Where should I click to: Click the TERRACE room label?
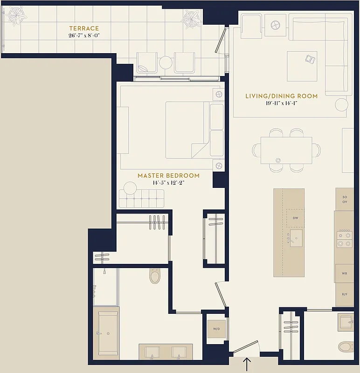pos(84,28)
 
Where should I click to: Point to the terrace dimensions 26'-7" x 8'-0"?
pos(84,35)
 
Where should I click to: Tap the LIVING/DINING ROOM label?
pos(281,96)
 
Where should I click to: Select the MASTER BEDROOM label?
pos(168,176)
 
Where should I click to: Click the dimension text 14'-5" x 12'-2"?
pos(168,183)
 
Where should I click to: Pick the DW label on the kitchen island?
pos(295,218)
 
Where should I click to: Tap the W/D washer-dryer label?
pos(217,329)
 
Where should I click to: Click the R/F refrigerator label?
pos(344,294)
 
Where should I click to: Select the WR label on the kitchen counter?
pos(344,273)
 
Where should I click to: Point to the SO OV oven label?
pos(345,199)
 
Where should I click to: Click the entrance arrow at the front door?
pos(247,364)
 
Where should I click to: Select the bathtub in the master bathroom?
pos(106,333)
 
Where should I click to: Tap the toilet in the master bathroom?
pos(155,276)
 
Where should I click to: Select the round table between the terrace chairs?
pos(166,62)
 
